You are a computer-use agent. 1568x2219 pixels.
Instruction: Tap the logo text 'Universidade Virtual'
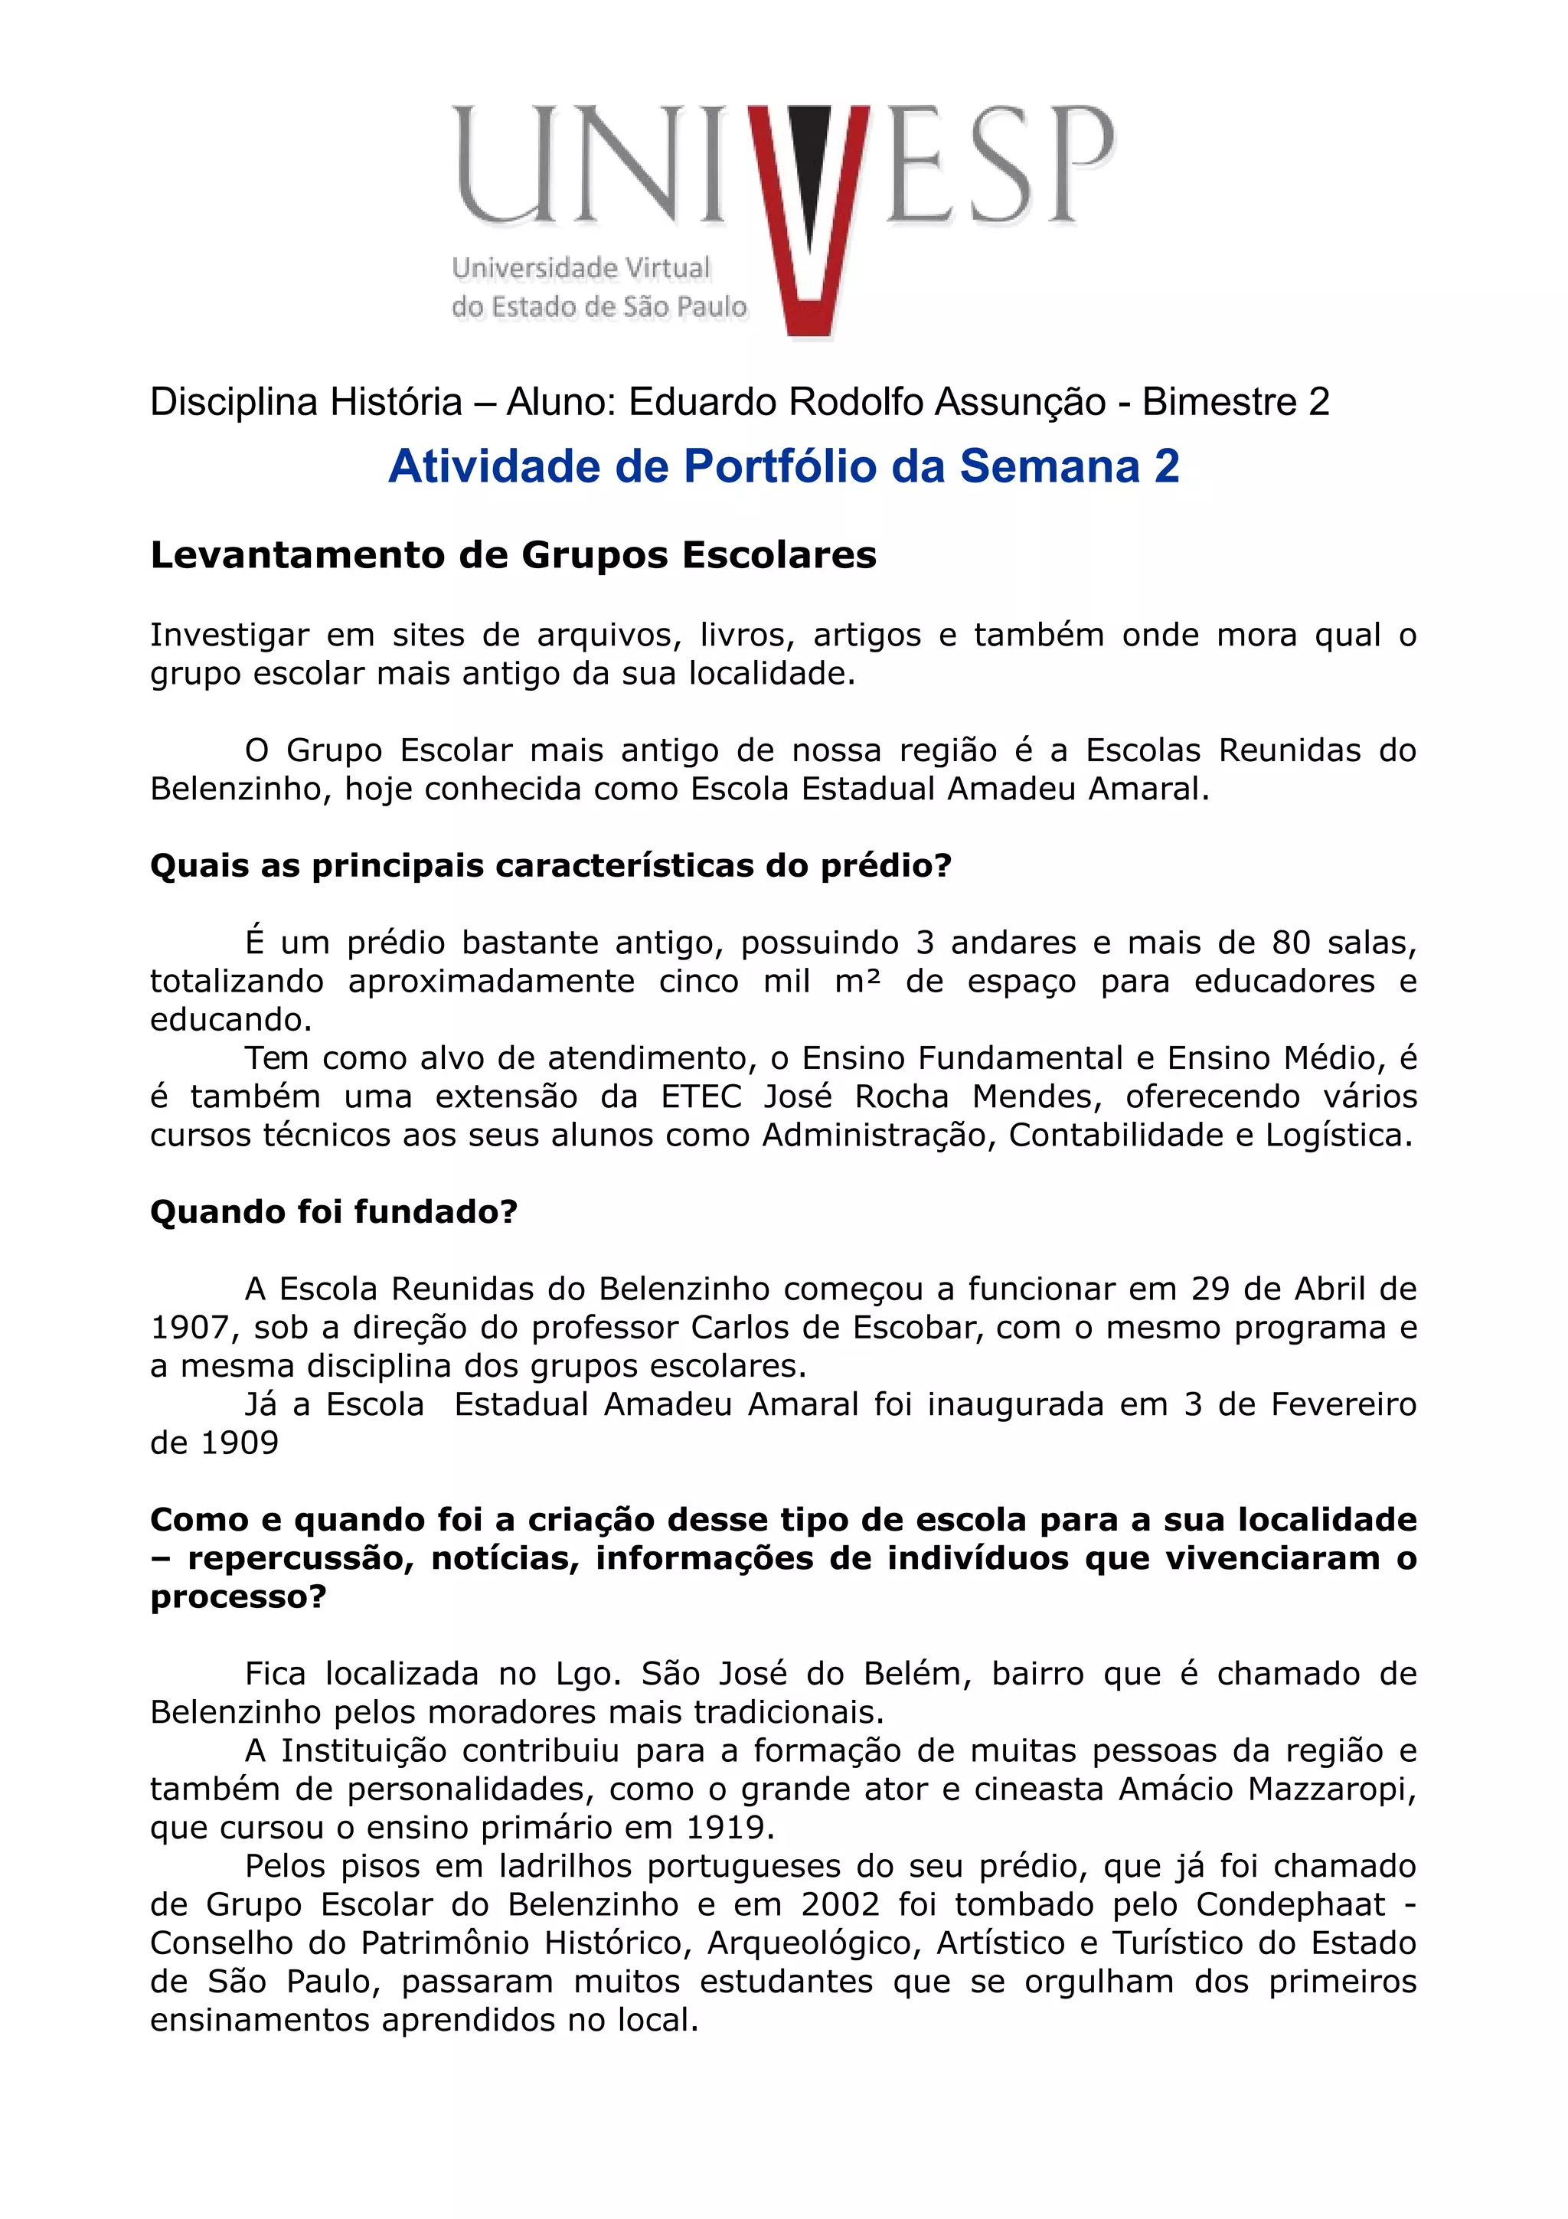(x=580, y=268)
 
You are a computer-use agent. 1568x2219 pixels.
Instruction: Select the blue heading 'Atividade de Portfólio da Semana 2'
(x=783, y=467)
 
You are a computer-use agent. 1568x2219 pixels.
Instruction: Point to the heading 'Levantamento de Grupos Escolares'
(x=513, y=556)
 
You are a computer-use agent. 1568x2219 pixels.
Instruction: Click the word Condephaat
(x=1291, y=1904)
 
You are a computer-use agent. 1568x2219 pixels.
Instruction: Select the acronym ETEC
(x=702, y=1097)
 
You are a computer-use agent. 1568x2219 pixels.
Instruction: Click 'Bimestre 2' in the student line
(x=1236, y=402)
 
